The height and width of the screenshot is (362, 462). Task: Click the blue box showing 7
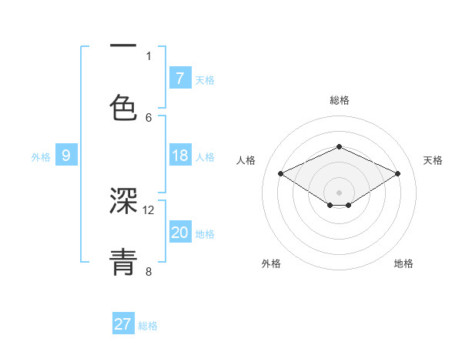pyautogui.click(x=179, y=79)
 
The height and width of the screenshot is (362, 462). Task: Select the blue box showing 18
pyautogui.click(x=179, y=156)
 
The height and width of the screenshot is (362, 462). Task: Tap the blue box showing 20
pyautogui.click(x=179, y=233)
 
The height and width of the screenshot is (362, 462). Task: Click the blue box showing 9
pyautogui.click(x=66, y=156)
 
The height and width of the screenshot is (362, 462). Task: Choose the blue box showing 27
pyautogui.click(x=123, y=324)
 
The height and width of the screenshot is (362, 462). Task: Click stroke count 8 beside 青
pyautogui.click(x=149, y=271)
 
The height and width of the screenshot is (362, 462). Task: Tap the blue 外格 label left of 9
pyautogui.click(x=41, y=157)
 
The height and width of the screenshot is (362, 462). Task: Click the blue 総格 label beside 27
pyautogui.click(x=148, y=325)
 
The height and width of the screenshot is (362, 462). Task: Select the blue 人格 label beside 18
pyautogui.click(x=205, y=157)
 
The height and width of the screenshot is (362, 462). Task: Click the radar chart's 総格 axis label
pyautogui.click(x=339, y=100)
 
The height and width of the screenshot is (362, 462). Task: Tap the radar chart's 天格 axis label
pyautogui.click(x=433, y=160)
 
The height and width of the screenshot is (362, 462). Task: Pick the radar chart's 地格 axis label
pyautogui.click(x=403, y=263)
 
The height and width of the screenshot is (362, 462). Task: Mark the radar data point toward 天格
pyautogui.click(x=397, y=174)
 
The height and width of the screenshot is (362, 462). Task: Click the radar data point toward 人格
pyautogui.click(x=281, y=174)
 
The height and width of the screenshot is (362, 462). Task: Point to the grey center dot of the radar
pyautogui.click(x=339, y=192)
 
